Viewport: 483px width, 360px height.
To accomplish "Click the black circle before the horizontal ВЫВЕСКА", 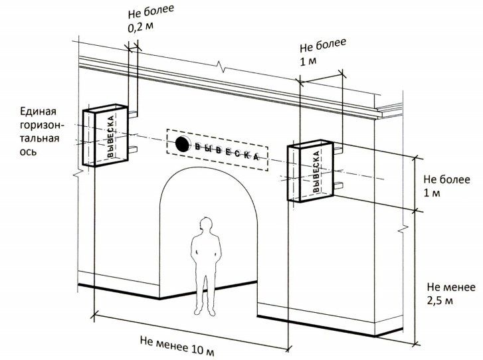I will tap(181, 142).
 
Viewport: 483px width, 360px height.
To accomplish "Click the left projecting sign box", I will tap(104, 136).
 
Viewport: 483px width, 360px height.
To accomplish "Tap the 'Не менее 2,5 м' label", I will tap(451, 294).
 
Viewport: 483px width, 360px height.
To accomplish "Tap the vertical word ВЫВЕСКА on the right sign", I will tap(316, 171).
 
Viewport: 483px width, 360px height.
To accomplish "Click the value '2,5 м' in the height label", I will tap(440, 300).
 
